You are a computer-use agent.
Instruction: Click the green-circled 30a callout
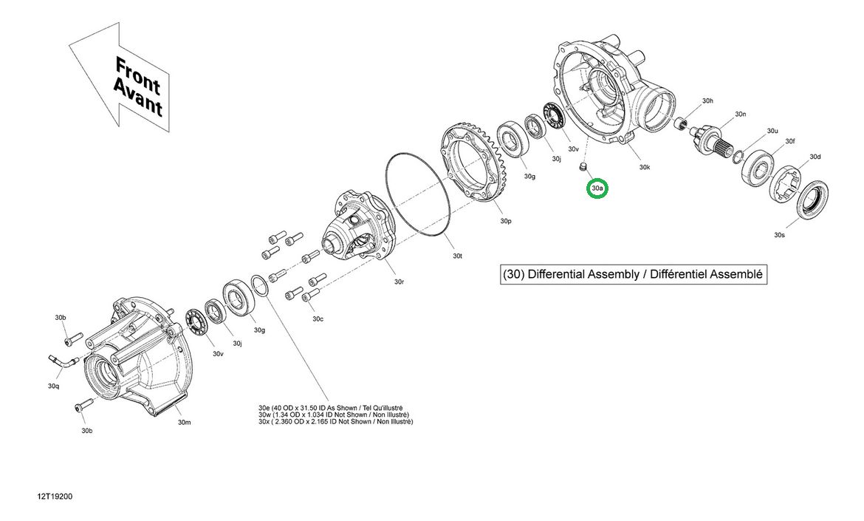(x=597, y=189)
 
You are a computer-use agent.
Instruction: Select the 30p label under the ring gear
(x=505, y=221)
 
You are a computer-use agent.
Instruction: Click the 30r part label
(x=398, y=282)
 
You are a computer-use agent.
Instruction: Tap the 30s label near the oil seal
(x=779, y=235)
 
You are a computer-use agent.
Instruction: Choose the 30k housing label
(x=645, y=168)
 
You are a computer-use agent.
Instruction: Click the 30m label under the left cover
(x=185, y=423)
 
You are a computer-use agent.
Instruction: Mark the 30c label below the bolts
(x=318, y=319)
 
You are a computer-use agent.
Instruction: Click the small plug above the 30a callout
(x=583, y=168)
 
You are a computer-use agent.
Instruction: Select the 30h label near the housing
(x=707, y=101)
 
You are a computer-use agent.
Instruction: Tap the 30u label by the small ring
(x=772, y=131)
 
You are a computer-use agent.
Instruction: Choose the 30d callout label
(x=815, y=157)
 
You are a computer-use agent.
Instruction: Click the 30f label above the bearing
(x=790, y=141)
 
